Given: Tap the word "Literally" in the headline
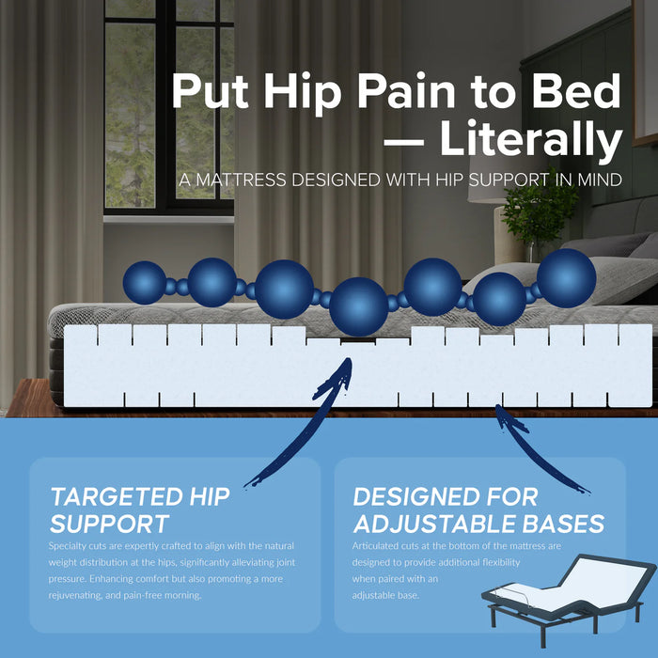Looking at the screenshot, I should pyautogui.click(x=531, y=140).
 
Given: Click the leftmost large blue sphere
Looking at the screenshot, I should pyautogui.click(x=145, y=282).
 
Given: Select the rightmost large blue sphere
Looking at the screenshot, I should pyautogui.click(x=567, y=276).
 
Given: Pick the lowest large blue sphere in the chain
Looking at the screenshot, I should pyautogui.click(x=359, y=306).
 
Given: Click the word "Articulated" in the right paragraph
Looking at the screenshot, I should pyautogui.click(x=379, y=545).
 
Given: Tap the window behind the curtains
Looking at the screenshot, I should pyautogui.click(x=169, y=103).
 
